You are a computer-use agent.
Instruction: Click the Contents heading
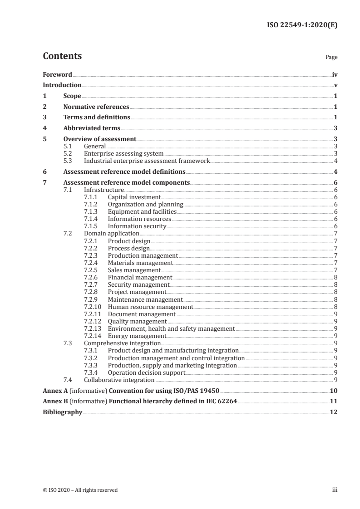tap(62, 56)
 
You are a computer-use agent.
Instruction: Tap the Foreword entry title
tap(57, 74)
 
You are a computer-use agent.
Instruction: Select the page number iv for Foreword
tap(334, 74)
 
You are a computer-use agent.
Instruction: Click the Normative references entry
tap(96, 107)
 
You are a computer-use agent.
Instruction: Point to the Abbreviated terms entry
tap(92, 128)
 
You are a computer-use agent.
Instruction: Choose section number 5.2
tap(68, 153)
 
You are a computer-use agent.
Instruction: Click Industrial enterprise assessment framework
tap(147, 161)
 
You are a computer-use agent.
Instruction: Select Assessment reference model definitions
tap(124, 171)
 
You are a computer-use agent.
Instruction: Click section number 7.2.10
tap(93, 307)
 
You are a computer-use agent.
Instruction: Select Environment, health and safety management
tap(171, 328)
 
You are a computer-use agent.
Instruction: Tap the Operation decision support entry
tap(146, 372)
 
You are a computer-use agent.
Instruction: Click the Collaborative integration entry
tap(119, 380)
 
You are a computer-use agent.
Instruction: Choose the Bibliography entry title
tap(62, 412)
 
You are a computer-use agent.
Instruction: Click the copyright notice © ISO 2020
tap(80, 489)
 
